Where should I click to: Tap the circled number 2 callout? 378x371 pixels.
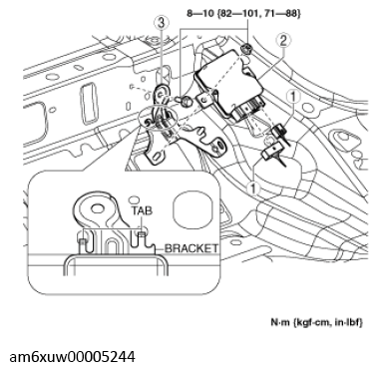pos(284,41)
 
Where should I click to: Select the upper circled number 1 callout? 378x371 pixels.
pos(292,97)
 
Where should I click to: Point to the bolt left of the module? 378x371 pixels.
pos(184,102)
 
